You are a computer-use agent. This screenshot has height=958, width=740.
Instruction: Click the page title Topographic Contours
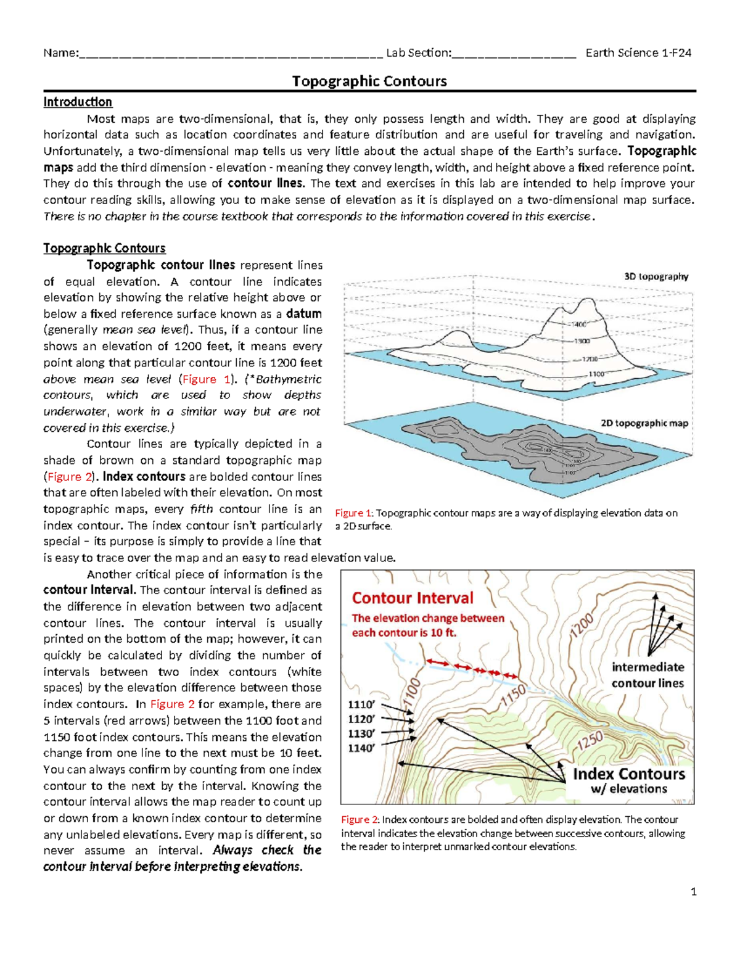point(369,81)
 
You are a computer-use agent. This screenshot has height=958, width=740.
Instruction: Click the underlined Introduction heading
point(78,102)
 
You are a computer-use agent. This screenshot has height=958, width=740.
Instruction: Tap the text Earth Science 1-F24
point(638,52)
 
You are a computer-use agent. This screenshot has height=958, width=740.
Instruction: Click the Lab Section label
point(418,52)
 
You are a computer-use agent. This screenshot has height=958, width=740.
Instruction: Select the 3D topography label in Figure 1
point(656,276)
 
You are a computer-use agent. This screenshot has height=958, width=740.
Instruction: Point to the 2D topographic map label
point(644,423)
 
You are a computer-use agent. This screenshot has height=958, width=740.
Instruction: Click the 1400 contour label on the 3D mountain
point(579,324)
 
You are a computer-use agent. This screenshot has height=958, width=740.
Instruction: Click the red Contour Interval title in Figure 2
point(413,598)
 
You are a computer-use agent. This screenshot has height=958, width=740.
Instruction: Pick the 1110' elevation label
point(361,704)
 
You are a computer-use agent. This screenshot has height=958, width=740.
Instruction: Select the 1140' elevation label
point(361,748)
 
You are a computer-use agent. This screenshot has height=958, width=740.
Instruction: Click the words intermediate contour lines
point(647,675)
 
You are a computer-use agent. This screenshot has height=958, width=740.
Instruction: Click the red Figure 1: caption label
point(353,513)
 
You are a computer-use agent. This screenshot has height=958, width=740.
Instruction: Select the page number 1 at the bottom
point(694,891)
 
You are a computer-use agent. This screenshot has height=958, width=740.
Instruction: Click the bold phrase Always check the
point(267,850)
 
